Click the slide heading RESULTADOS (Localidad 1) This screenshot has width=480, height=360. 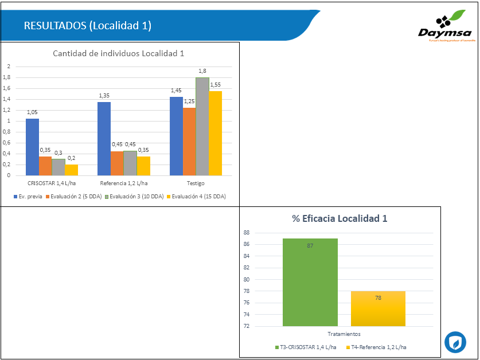(x=88, y=26)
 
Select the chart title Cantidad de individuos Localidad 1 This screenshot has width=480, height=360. (x=118, y=54)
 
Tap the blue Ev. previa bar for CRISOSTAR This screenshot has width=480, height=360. (x=32, y=147)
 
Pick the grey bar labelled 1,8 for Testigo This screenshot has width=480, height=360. (x=202, y=126)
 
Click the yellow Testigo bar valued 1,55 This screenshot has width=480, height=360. (x=216, y=133)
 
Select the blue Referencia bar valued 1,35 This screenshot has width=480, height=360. (x=104, y=139)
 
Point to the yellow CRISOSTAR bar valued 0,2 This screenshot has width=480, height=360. (x=72, y=170)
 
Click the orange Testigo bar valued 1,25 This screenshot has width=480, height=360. (x=189, y=141)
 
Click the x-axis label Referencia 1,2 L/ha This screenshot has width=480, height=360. (x=124, y=183)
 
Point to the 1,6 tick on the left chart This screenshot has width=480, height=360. (x=7, y=88)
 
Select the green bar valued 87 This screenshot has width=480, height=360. (x=310, y=282)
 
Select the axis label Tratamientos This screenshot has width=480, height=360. (x=343, y=334)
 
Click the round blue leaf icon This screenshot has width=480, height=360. (x=455, y=342)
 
